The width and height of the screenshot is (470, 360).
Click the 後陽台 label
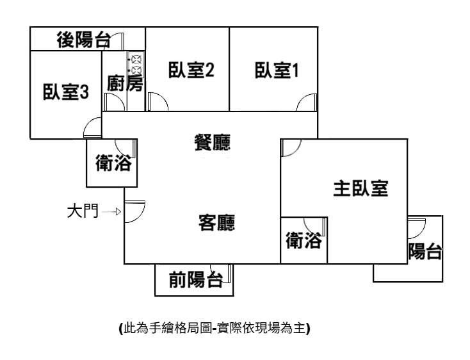83,40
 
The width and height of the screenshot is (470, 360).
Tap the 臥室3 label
65,92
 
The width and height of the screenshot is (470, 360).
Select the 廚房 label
125,84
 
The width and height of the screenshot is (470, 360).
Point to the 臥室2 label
190,70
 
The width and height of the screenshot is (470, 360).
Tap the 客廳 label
216,223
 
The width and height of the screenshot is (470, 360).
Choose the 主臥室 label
361,188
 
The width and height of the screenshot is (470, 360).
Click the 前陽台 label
195,279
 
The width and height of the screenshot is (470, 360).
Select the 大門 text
83,211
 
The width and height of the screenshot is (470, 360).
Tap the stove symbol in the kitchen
136,64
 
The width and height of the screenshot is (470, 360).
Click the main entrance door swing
134,211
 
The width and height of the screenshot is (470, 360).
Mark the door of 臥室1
307,102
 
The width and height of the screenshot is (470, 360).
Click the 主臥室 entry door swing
290,147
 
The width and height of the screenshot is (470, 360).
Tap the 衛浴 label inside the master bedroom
304,242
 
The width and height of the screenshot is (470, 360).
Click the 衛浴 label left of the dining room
113,163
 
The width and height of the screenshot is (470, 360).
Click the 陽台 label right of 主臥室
425,252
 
